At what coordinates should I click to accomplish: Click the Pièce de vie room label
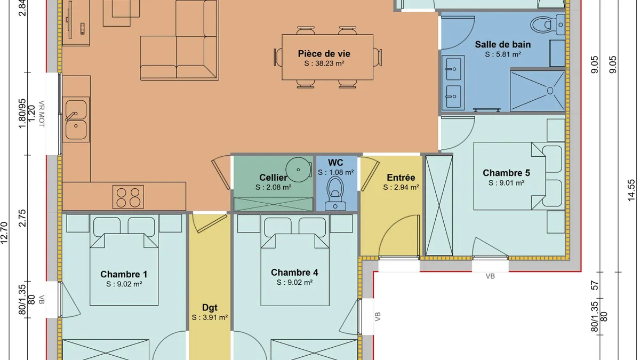(324, 54)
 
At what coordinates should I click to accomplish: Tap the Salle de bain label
(503, 45)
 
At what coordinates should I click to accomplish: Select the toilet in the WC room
(335, 194)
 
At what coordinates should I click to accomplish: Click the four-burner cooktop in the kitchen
(128, 197)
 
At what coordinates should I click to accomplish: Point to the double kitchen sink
(76, 119)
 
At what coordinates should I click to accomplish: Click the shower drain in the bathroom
(550, 91)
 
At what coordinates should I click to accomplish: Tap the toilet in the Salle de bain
(548, 25)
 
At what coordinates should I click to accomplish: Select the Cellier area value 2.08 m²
(274, 187)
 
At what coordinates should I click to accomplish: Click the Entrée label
(401, 178)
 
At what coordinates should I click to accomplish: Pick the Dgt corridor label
(210, 308)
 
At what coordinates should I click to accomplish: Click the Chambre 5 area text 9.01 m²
(506, 183)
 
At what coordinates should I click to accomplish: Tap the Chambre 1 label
(124, 274)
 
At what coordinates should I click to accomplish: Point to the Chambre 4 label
(294, 273)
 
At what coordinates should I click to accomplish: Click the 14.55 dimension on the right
(631, 190)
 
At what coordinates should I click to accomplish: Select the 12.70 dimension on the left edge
(4, 233)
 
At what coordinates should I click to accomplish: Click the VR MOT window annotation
(42, 114)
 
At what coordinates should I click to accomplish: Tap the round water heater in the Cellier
(298, 170)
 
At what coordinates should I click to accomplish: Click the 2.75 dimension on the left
(22, 218)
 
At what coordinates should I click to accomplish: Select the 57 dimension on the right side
(595, 285)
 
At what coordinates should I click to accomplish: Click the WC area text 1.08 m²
(335, 173)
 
